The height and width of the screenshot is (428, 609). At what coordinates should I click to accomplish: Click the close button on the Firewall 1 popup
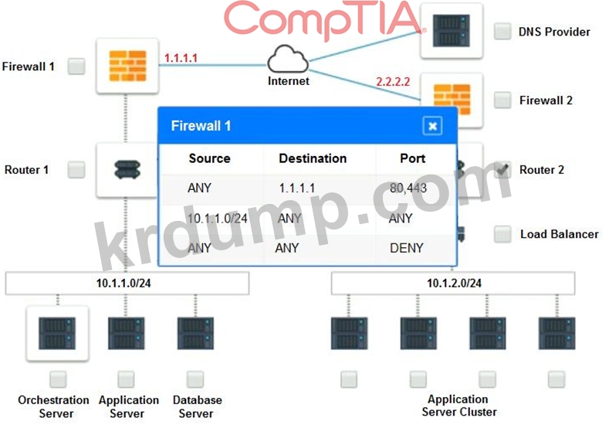coord(432,126)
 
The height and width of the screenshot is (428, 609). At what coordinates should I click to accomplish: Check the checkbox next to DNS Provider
coord(502,32)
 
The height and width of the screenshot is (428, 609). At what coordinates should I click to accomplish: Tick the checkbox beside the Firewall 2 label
coord(502,100)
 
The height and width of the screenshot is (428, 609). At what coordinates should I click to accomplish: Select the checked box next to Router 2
coord(502,169)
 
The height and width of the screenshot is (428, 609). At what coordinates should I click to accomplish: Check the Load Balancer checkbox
coord(502,234)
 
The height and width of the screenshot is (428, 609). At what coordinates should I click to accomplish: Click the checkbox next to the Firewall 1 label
coord(76,66)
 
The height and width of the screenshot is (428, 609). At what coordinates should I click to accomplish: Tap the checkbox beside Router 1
coord(76,169)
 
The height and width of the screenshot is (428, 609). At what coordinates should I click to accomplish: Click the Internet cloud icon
coord(288,59)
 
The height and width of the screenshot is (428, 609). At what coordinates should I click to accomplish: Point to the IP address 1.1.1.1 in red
coord(181,58)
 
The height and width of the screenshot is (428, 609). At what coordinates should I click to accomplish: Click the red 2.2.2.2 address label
coord(393,82)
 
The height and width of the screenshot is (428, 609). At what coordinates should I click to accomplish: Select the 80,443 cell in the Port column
coord(408,189)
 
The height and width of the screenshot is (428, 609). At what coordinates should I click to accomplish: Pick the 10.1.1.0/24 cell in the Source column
coord(217,218)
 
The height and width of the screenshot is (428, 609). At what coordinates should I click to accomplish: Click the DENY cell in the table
coord(407,248)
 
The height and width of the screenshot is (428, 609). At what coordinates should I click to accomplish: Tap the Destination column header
coord(313,158)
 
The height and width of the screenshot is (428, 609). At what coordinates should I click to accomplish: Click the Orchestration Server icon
coord(57,333)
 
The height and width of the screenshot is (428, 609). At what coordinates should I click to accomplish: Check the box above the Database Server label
coord(195,379)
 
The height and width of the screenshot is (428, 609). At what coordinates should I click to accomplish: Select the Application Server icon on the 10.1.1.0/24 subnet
coord(127,333)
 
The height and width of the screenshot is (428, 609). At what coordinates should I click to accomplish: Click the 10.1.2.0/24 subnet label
coord(454,283)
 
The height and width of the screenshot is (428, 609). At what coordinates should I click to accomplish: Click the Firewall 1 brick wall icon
coord(128,66)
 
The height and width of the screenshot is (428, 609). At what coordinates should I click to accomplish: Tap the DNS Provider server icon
coord(452,31)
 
